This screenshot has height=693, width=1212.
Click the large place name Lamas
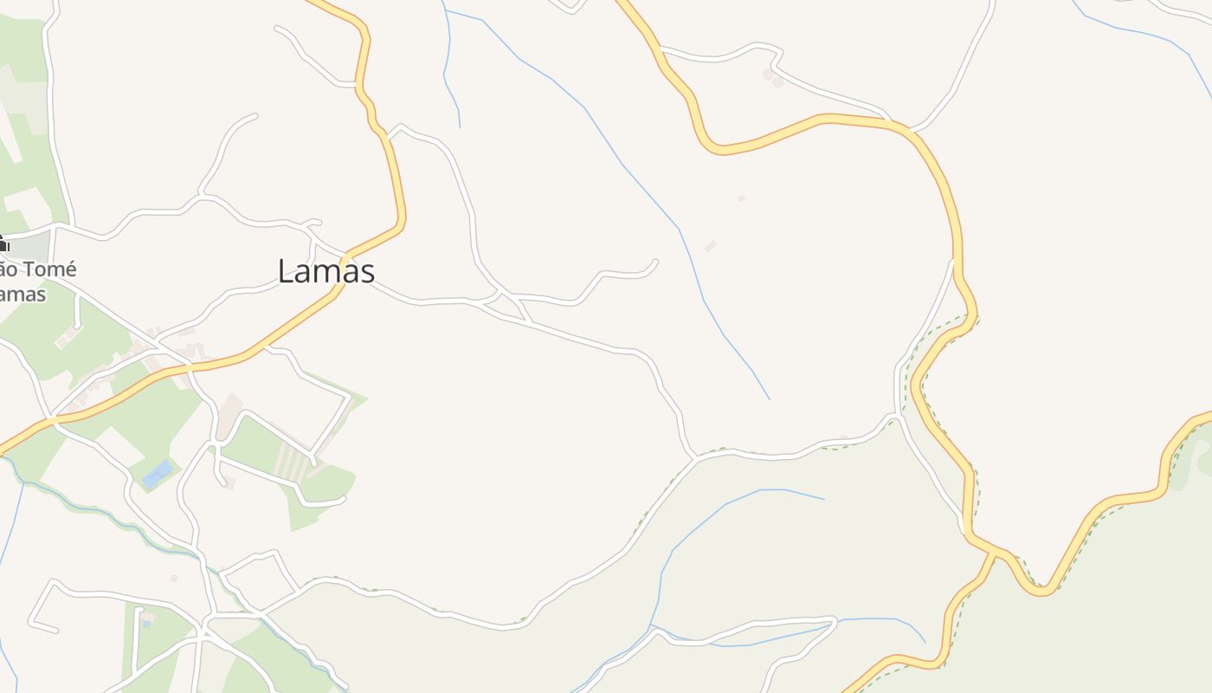point(326,271)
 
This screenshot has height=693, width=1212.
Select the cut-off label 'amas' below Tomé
point(23,294)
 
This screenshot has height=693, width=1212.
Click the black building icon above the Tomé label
point(3,243)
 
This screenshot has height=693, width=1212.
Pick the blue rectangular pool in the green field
point(158,474)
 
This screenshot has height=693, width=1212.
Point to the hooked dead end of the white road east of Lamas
point(655,262)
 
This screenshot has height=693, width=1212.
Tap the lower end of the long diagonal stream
point(768,398)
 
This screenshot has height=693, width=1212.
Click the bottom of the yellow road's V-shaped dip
point(1043,593)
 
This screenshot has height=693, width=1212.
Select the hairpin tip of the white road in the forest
point(833,619)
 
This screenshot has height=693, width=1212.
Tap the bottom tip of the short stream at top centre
point(460,127)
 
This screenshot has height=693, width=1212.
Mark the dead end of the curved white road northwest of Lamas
point(255,114)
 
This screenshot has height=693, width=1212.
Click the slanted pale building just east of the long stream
point(711,247)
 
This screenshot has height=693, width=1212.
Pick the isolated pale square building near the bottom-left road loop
point(174,578)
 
